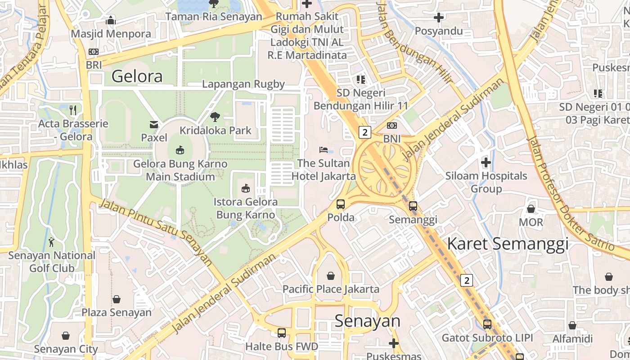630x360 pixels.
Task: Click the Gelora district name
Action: pyautogui.click(x=137, y=76)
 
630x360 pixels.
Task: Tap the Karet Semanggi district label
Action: pyautogui.click(x=508, y=243)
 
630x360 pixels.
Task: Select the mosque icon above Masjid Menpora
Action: pyautogui.click(x=111, y=21)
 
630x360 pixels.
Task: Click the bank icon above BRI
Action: pyautogui.click(x=94, y=52)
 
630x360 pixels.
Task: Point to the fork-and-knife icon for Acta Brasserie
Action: pyautogui.click(x=73, y=110)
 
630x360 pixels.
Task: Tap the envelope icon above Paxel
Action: pyautogui.click(x=154, y=124)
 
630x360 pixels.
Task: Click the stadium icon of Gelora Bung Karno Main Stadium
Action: pyautogui.click(x=180, y=150)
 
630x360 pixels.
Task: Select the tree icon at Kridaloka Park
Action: pyautogui.click(x=215, y=117)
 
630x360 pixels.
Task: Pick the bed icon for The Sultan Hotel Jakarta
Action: pyautogui.click(x=324, y=149)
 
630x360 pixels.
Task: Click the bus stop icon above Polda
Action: pyautogui.click(x=341, y=204)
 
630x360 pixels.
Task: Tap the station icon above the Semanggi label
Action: pyautogui.click(x=413, y=206)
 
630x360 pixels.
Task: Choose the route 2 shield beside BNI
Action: pyautogui.click(x=364, y=132)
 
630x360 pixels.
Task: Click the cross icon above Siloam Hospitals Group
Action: pyautogui.click(x=486, y=162)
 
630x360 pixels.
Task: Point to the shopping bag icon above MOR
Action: pyautogui.click(x=531, y=209)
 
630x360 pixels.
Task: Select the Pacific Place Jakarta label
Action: pyautogui.click(x=331, y=289)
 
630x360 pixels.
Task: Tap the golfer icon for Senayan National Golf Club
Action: pyautogui.click(x=52, y=242)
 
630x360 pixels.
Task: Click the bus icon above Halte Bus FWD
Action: pyautogui.click(x=282, y=333)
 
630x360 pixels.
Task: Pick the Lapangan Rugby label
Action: pyautogui.click(x=243, y=84)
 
